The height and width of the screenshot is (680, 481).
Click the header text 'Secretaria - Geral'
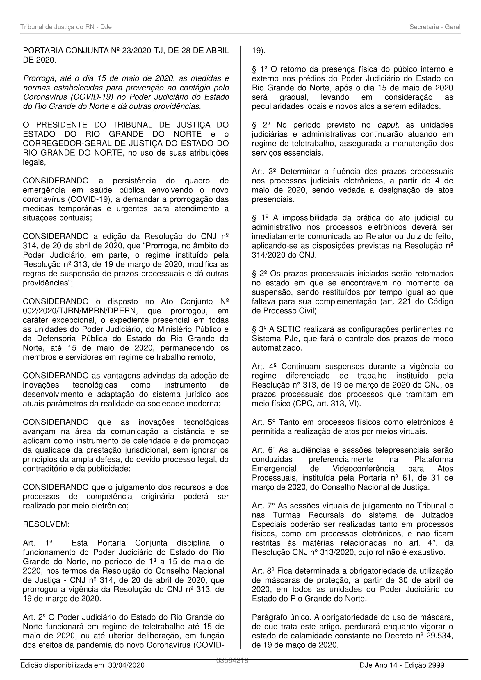[x=434, y=27]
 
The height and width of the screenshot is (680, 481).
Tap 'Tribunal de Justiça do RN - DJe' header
[x=66, y=27]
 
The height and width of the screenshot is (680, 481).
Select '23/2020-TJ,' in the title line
[x=140, y=51]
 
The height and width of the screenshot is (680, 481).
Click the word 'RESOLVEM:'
[x=46, y=524]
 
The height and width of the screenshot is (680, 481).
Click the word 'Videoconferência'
[x=364, y=469]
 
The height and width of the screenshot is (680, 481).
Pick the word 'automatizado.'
[x=273, y=348]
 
